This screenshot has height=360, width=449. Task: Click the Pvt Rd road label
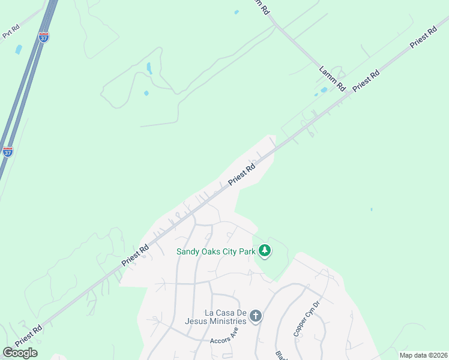pyautogui.click(x=11, y=32)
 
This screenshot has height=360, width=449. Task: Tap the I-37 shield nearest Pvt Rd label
pyautogui.click(x=44, y=37)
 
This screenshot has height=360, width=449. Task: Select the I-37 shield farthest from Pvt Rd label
pyautogui.click(x=8, y=151)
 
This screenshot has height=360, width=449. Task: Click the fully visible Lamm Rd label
pyautogui.click(x=332, y=78)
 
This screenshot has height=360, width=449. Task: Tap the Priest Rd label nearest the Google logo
pyautogui.click(x=29, y=335)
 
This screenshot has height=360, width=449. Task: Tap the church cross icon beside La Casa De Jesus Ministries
pyautogui.click(x=256, y=316)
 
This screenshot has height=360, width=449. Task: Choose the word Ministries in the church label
pyautogui.click(x=232, y=321)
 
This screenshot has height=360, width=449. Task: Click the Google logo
pyautogui.click(x=20, y=353)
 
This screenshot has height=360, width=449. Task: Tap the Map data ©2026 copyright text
pyautogui.click(x=423, y=355)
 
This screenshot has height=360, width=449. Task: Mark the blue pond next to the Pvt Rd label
pyautogui.click(x=18, y=50)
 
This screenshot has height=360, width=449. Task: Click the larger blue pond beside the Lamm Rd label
pyautogui.click(x=324, y=90)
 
